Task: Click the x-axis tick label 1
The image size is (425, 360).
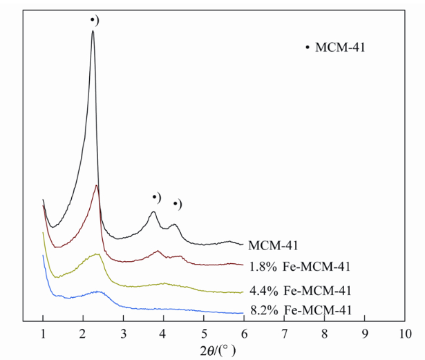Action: tap(43, 334)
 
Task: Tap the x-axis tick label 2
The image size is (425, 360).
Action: tap(83, 334)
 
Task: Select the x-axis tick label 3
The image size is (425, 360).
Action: tap(123, 334)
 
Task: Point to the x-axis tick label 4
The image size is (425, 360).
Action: tap(163, 334)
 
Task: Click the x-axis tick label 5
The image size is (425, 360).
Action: tap(203, 334)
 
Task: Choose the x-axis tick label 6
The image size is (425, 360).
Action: tap(243, 334)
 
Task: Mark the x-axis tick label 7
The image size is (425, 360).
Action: tap(284, 334)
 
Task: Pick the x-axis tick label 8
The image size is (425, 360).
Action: tap(324, 334)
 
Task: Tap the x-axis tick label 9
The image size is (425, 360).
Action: tap(364, 334)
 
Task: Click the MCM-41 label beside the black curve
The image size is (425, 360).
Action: tap(273, 245)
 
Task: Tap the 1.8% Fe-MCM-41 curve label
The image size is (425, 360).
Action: tap(292, 266)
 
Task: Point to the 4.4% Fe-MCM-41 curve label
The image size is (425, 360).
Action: tap(292, 290)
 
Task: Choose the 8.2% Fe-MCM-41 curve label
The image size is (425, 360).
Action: tap(292, 311)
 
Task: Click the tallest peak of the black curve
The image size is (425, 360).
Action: tap(93, 32)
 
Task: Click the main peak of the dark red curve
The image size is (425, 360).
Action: tap(97, 186)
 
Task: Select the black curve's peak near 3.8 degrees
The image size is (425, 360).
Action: tap(153, 213)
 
